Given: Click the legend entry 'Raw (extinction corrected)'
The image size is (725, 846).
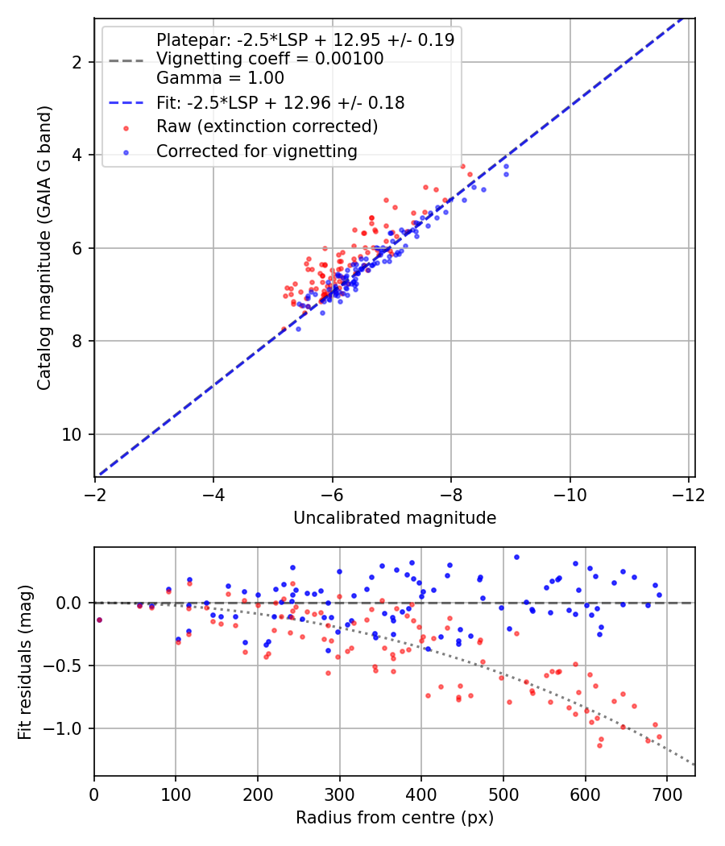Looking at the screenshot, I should click(267, 126).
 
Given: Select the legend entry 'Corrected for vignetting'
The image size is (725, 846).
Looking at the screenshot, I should click(257, 151).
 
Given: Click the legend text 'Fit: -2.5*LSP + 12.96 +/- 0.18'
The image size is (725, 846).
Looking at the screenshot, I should click(280, 103).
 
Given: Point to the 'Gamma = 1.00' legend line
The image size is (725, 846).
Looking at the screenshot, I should click(220, 79).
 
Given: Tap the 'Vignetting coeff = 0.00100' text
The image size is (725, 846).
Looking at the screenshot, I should click(270, 59).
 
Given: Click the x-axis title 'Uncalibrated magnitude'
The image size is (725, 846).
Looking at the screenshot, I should click(395, 518).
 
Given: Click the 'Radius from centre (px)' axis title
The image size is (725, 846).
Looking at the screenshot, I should click(395, 818).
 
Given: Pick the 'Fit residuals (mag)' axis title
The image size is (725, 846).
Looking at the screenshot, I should click(25, 661).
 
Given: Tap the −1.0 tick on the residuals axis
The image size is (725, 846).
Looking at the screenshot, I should click(68, 729).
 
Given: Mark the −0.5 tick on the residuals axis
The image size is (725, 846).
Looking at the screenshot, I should click(68, 666).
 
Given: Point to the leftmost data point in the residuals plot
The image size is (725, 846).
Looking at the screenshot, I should click(99, 620).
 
